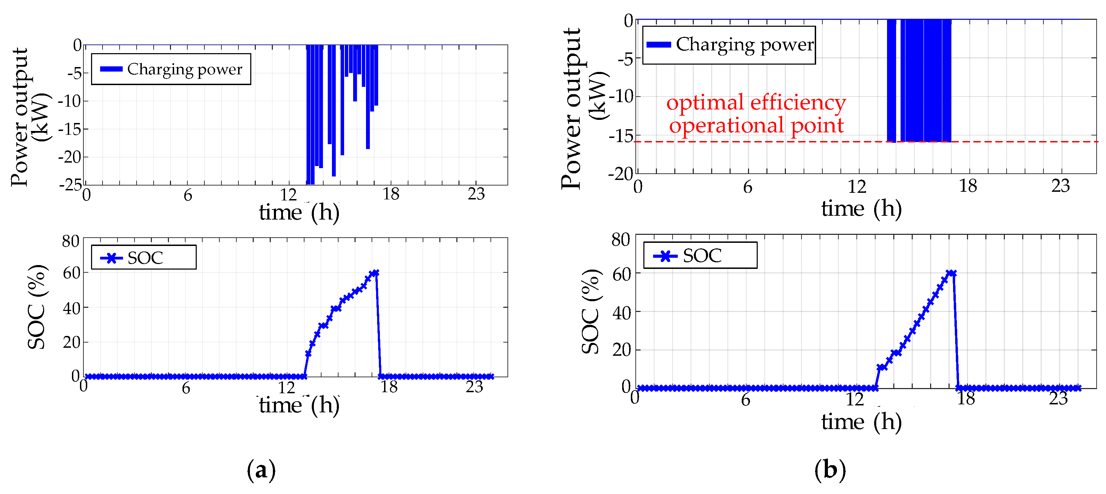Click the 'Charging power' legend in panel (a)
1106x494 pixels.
(x=171, y=69)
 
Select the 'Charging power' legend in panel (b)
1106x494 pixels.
(x=729, y=44)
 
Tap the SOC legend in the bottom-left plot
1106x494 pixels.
(x=144, y=257)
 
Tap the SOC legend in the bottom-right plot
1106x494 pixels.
(x=700, y=256)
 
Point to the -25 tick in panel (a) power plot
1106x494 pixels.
(x=70, y=184)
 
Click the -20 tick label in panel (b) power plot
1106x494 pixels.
(x=620, y=174)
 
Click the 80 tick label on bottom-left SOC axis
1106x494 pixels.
(x=71, y=241)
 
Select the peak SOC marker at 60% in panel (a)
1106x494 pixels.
(x=376, y=273)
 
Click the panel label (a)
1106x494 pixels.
(x=261, y=470)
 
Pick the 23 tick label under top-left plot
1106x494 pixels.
(x=476, y=195)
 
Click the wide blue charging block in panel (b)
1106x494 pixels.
(x=927, y=81)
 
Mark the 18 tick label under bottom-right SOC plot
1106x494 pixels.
(x=966, y=399)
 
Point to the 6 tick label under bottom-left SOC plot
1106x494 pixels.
(x=186, y=388)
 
